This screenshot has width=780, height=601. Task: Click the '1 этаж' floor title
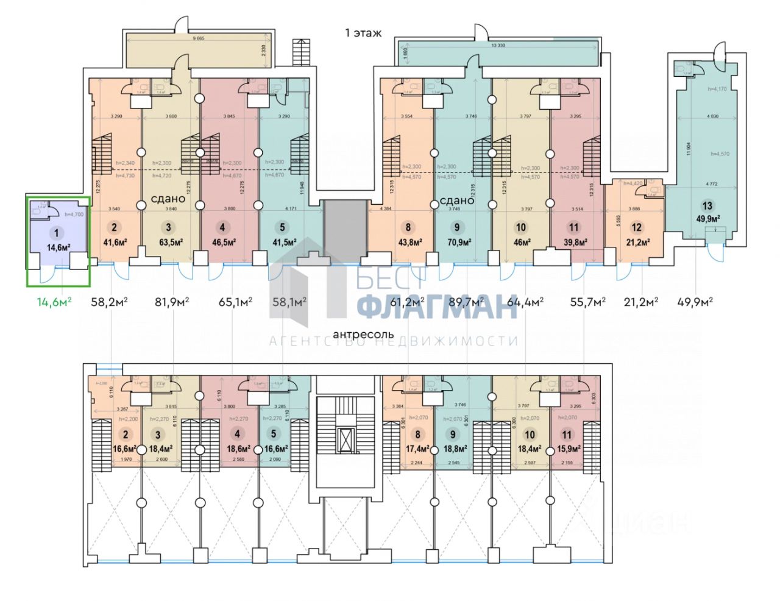[x=363, y=33]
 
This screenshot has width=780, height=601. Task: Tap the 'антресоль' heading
[x=363, y=335]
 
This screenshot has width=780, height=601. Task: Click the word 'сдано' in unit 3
[x=168, y=199]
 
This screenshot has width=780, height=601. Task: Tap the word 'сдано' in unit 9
[x=456, y=201]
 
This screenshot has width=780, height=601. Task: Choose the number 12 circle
[x=637, y=228]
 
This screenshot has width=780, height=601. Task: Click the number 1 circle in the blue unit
[x=57, y=232]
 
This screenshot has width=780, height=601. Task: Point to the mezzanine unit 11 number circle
[x=567, y=435]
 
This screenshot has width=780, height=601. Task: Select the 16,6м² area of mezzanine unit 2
[x=126, y=449]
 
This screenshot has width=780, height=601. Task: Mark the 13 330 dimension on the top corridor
[x=498, y=45]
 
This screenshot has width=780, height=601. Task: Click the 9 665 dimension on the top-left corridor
[x=198, y=38]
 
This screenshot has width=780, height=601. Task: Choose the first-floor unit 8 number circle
[x=408, y=228]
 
